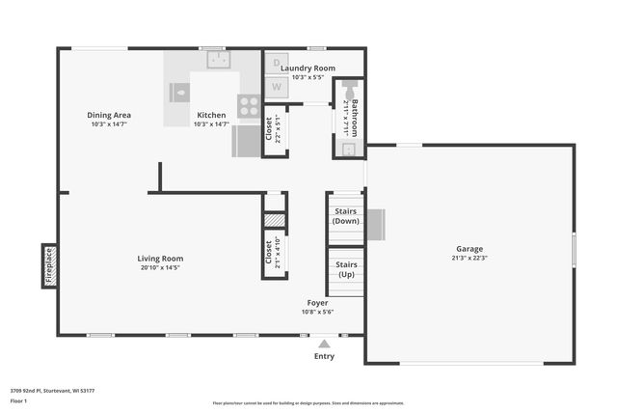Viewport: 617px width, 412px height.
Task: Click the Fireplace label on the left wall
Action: (x=48, y=266)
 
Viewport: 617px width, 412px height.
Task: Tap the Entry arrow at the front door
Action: (x=325, y=343)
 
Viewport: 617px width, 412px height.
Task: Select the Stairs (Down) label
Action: (x=345, y=216)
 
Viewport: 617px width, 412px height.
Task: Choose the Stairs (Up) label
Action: (x=345, y=269)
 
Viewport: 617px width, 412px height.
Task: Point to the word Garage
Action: (x=469, y=249)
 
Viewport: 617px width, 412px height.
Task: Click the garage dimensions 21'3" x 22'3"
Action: (x=469, y=259)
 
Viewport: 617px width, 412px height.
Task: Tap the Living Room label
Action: (x=160, y=259)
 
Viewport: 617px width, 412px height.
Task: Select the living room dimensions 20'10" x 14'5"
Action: (x=160, y=268)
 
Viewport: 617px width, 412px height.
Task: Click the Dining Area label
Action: (x=108, y=115)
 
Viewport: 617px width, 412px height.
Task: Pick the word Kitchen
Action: (x=211, y=115)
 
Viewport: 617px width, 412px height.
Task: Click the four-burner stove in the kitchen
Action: (x=249, y=105)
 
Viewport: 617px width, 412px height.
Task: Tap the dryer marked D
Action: (x=275, y=63)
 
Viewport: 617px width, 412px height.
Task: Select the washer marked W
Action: (x=275, y=87)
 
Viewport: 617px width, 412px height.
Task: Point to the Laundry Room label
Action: (x=308, y=69)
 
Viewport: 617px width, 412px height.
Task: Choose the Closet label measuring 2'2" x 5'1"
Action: (x=269, y=128)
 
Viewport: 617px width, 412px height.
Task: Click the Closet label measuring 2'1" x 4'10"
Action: (x=269, y=253)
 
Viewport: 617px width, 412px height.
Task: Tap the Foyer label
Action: (x=317, y=303)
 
